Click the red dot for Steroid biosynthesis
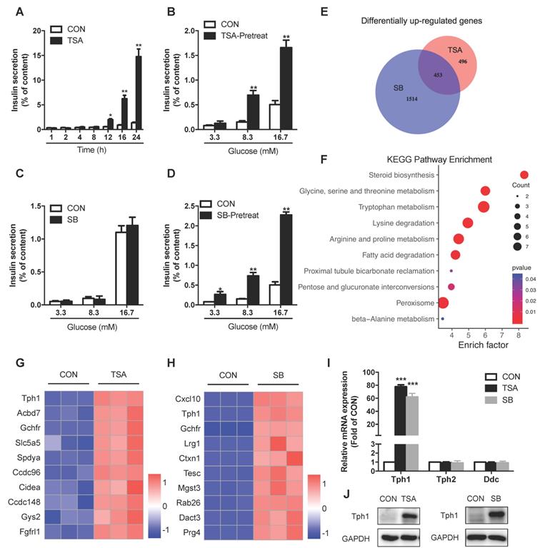point(524,175)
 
